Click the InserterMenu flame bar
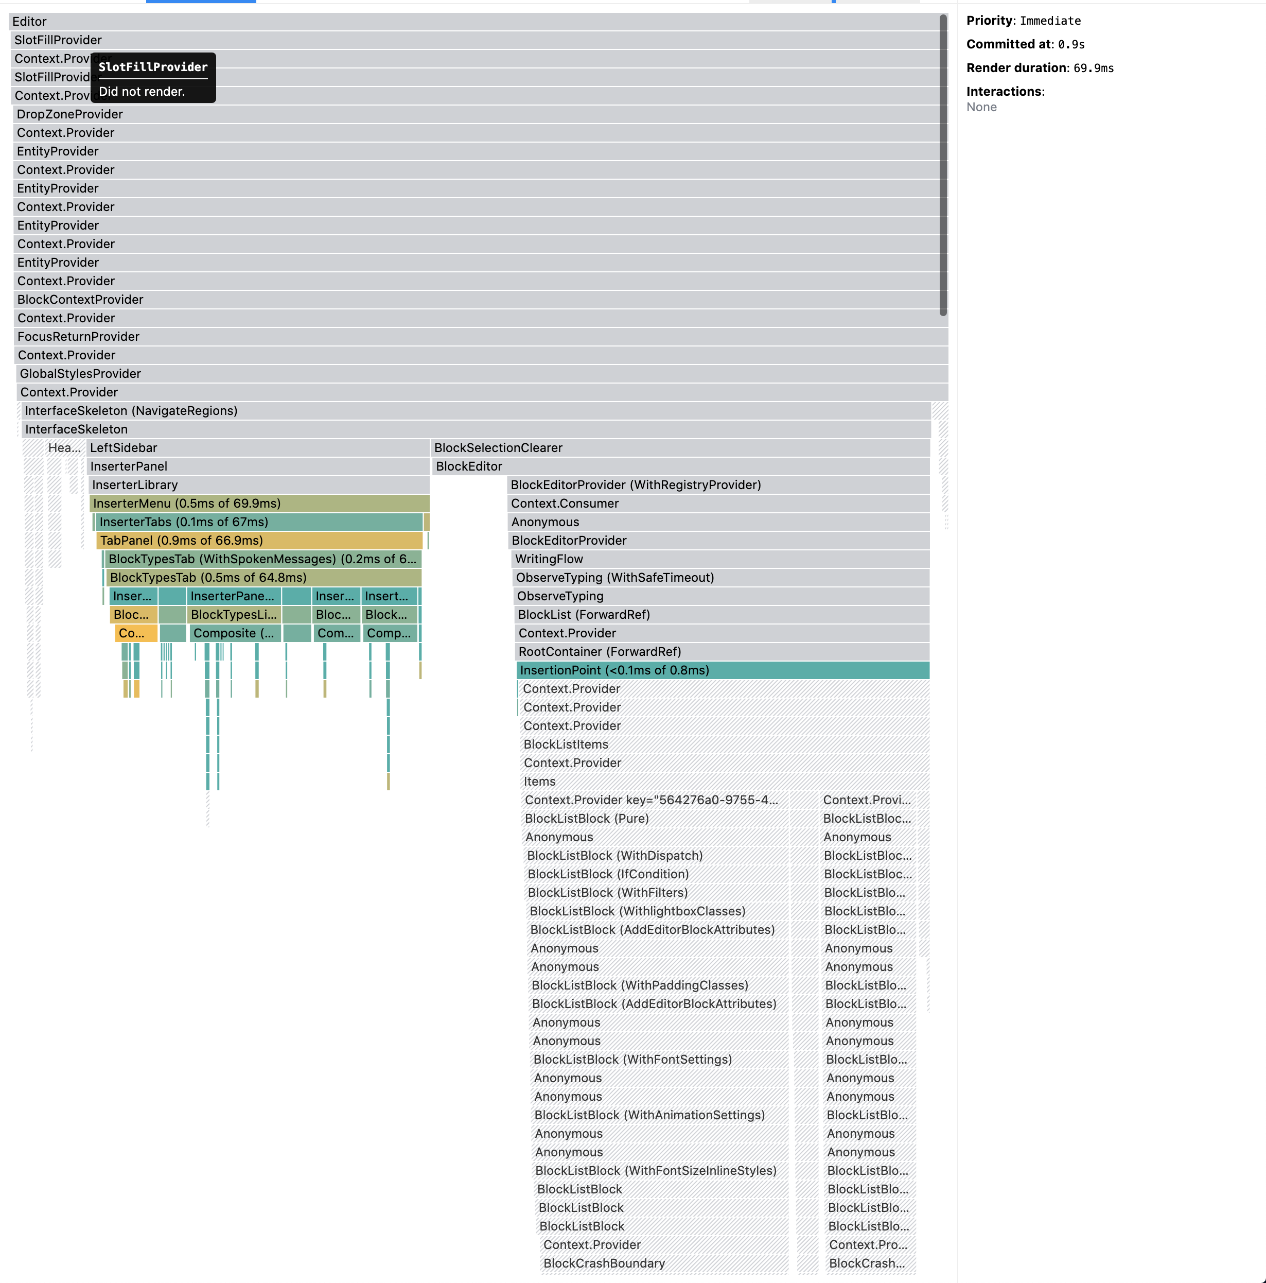[x=259, y=504]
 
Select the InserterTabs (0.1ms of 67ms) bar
[x=259, y=522]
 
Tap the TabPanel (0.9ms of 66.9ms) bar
[x=259, y=541]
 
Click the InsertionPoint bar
[x=723, y=670]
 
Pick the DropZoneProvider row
[x=465, y=114]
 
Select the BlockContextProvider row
[x=465, y=300]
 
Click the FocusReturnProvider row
[x=465, y=337]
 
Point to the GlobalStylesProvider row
[x=465, y=374]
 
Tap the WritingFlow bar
[x=720, y=559]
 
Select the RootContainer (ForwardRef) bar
[x=723, y=651]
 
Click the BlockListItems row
[x=724, y=744]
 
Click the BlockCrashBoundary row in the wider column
[x=664, y=1263]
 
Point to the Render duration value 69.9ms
[x=1094, y=68]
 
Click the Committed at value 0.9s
[x=1071, y=44]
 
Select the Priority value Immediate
[x=1050, y=21]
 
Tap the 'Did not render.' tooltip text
[x=142, y=92]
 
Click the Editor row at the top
[x=465, y=21]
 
